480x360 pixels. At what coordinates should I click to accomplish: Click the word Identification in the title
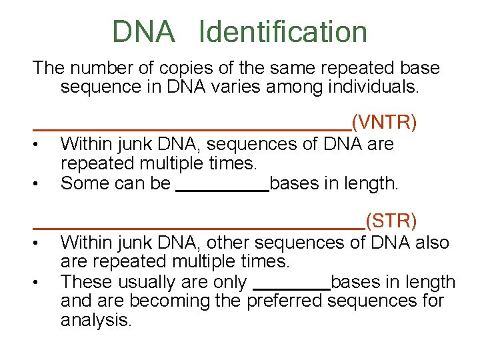point(283,31)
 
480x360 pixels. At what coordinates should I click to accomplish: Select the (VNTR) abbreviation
point(385,122)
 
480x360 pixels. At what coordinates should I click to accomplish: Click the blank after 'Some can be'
point(221,190)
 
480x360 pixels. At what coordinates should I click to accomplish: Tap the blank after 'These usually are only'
point(292,288)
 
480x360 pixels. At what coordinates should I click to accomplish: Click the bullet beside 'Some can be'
point(41,183)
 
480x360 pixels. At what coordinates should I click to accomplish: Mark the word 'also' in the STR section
point(429,243)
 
